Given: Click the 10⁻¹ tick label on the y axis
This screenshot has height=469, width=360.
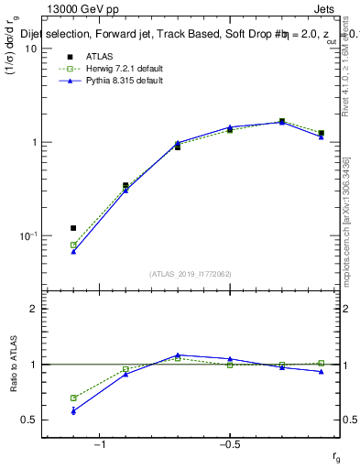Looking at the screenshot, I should point(26,235).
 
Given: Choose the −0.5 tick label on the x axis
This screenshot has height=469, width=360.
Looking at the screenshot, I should point(229,443).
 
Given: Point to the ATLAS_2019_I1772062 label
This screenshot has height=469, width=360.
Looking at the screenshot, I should point(191,274).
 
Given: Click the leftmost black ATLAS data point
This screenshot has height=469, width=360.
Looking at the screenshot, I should point(73,228).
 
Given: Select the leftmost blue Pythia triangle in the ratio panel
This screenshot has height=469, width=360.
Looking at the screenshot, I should point(73,410).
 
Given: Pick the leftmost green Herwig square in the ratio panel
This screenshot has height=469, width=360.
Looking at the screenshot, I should point(73,398).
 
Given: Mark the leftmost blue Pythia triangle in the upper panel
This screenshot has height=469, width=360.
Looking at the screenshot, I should point(73,251).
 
